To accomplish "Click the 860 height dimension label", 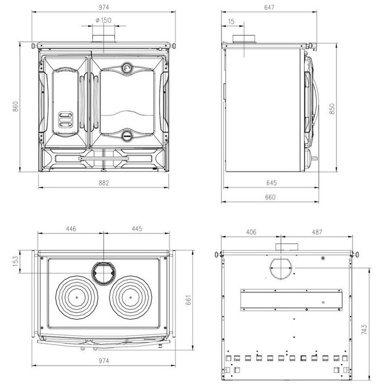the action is [x=15, y=106].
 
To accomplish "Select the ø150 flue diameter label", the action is [x=103, y=20].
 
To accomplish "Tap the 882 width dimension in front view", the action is [x=104, y=183].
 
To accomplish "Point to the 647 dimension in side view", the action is [x=269, y=7].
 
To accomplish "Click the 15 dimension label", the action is [x=231, y=21].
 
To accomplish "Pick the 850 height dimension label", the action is [x=332, y=109].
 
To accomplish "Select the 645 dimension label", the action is [x=271, y=183].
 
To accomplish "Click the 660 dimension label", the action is [x=270, y=197].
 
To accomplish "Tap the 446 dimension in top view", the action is [x=71, y=228].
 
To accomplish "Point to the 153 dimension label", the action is [x=15, y=261].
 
